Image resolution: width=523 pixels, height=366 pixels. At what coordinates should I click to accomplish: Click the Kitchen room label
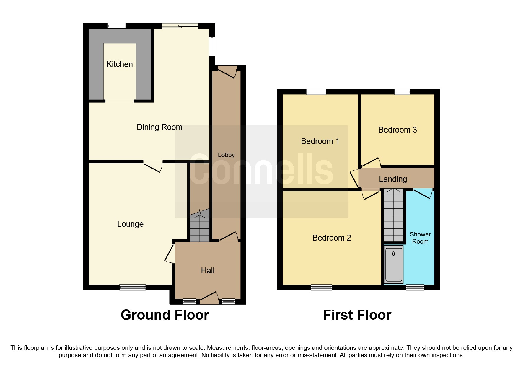[119, 64]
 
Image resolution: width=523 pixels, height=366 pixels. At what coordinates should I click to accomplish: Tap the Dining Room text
[159, 127]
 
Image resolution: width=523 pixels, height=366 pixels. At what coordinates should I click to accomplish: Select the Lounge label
[130, 224]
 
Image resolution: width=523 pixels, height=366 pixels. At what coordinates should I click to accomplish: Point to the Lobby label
[226, 155]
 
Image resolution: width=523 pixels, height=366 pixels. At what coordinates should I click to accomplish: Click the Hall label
[208, 271]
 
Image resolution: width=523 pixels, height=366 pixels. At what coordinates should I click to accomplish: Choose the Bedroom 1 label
[320, 141]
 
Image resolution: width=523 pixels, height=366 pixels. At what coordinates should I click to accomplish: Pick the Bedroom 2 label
[332, 238]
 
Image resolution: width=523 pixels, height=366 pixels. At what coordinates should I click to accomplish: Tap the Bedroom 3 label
[397, 130]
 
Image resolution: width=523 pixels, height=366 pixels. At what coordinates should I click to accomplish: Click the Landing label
[393, 179]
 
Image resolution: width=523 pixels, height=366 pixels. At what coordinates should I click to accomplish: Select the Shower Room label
[420, 238]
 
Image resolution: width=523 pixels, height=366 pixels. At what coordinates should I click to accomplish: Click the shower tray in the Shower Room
[394, 264]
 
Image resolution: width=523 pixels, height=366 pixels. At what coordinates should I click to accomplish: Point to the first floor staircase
[393, 215]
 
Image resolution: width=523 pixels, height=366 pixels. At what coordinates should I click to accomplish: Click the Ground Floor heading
[165, 315]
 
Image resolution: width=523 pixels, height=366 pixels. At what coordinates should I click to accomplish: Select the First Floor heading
[357, 315]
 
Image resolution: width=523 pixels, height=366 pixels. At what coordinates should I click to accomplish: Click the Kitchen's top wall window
[116, 26]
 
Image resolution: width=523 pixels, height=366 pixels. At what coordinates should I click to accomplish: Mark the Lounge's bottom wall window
[132, 287]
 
